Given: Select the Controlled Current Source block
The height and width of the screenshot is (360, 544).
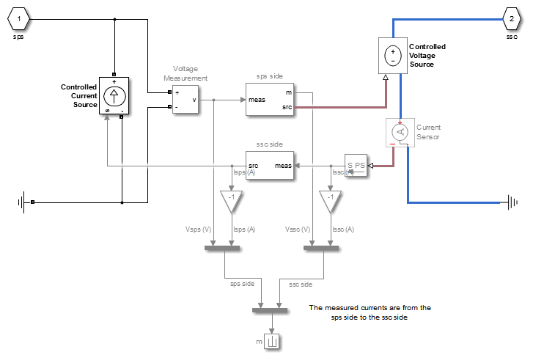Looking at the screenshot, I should (x=114, y=95).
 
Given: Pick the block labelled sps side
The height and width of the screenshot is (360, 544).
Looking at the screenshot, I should (x=270, y=100).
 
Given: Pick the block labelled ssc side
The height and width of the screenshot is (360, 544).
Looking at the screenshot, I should (x=270, y=166).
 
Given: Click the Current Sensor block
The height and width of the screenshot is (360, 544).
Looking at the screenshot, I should (x=400, y=132).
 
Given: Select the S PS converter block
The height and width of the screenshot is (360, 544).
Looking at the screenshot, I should (x=356, y=166).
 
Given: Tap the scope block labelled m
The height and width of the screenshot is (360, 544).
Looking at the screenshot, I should (x=273, y=341).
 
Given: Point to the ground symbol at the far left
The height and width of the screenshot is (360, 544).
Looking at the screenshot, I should (x=23, y=202).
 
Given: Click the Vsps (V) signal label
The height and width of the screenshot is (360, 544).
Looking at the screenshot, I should (x=198, y=229).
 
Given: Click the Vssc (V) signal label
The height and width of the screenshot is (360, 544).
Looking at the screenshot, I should (x=297, y=229).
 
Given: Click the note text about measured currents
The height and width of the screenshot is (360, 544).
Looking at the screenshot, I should (x=370, y=313).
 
